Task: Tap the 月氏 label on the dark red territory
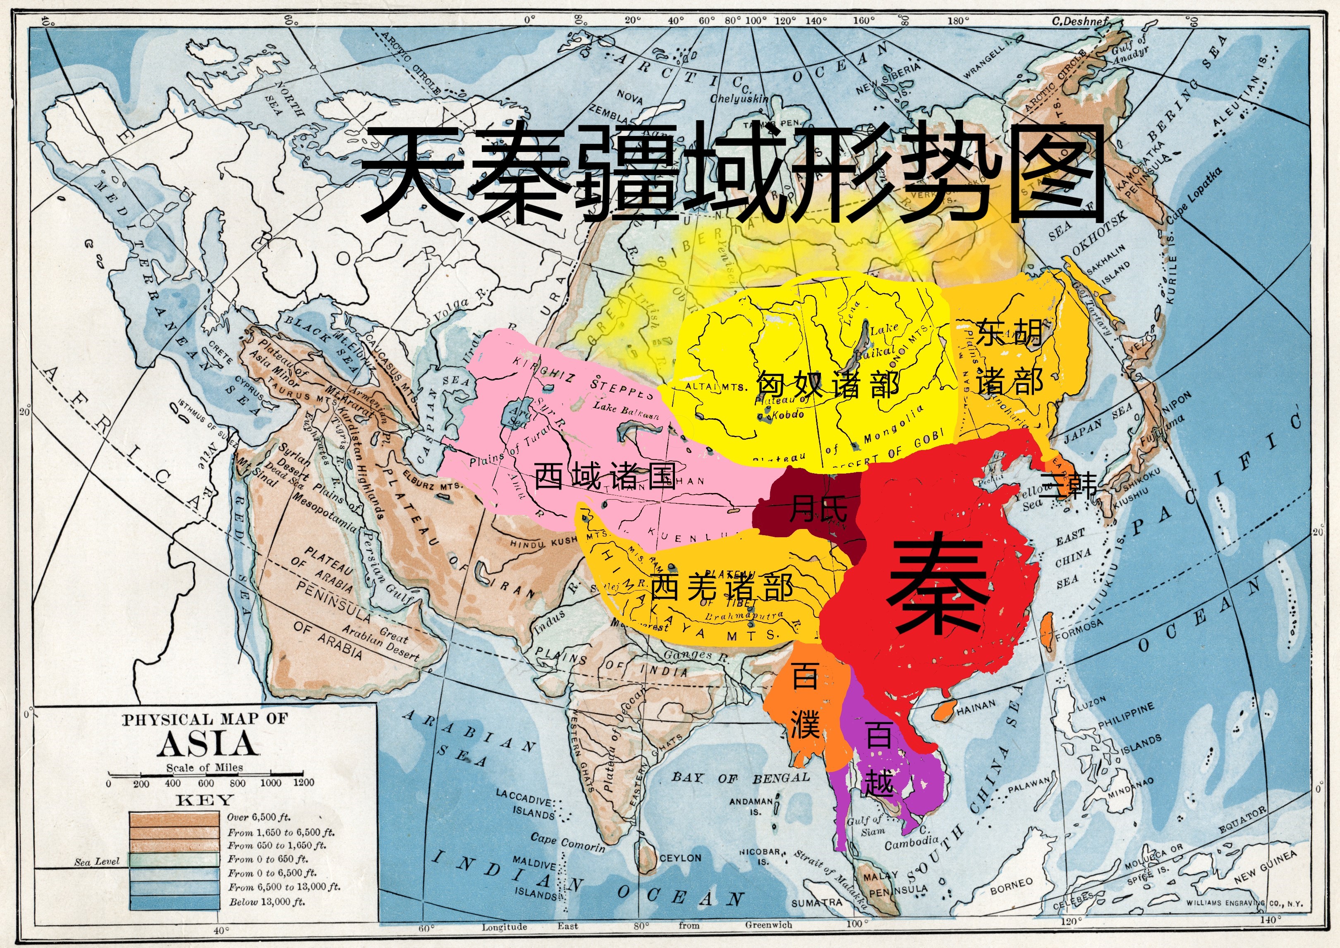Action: click(x=818, y=508)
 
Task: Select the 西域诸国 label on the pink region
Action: click(x=605, y=476)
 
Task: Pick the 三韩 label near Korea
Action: click(x=1067, y=484)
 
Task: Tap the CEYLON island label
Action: click(x=680, y=858)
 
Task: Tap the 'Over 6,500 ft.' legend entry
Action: click(x=259, y=817)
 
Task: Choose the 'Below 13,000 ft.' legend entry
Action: click(x=266, y=902)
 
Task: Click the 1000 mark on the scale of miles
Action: click(x=270, y=783)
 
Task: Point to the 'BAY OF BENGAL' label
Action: click(x=741, y=778)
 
